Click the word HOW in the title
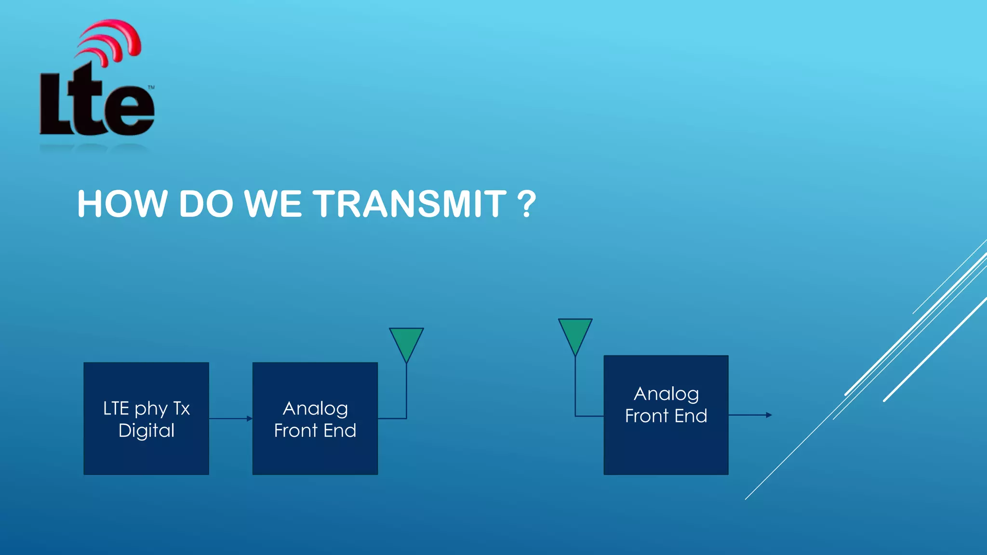click(x=122, y=204)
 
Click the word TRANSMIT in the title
click(x=410, y=204)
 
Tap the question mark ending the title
click(x=526, y=204)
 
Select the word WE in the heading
click(x=273, y=204)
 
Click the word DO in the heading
click(x=206, y=204)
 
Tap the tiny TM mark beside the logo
click(x=151, y=87)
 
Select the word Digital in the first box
click(x=146, y=430)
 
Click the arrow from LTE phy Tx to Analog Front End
click(x=230, y=418)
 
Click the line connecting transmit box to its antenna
click(x=406, y=395)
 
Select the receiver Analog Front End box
click(x=666, y=448)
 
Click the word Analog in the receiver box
click(x=666, y=394)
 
